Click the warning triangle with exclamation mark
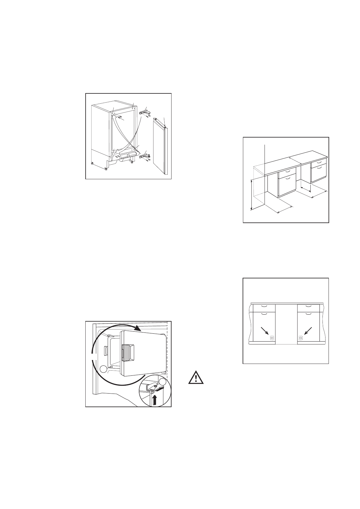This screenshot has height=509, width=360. coord(196,378)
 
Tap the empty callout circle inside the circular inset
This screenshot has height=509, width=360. coord(163,381)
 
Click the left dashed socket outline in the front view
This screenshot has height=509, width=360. coord(271,338)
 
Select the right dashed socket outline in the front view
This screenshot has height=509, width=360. coord(301,338)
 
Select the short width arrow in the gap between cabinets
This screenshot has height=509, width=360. coord(306,189)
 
